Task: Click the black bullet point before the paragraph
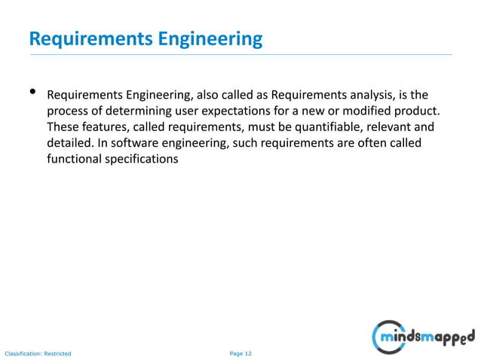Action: [32, 93]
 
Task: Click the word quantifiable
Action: [323, 127]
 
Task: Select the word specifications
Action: [143, 159]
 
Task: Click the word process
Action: [69, 111]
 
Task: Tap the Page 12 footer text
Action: [240, 352]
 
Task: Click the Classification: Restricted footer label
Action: [38, 352]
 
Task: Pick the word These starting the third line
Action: [62, 127]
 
